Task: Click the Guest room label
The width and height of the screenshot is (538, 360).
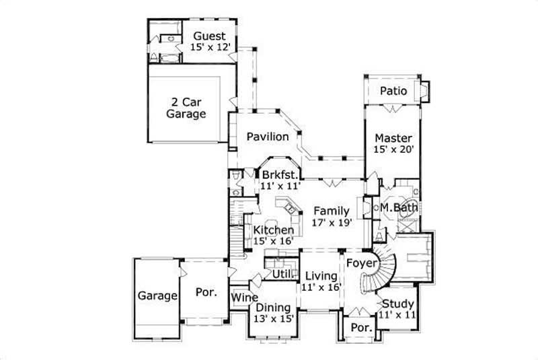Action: click(210, 36)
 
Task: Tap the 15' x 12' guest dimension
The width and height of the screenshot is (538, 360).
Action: click(210, 48)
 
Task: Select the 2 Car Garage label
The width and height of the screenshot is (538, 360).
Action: click(186, 108)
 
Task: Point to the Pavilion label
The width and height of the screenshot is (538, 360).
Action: click(267, 137)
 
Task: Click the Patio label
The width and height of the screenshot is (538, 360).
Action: click(393, 91)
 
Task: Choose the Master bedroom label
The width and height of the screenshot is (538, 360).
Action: click(393, 138)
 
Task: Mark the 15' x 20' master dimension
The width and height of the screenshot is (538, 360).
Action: click(393, 150)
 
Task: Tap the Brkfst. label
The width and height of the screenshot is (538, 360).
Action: click(280, 176)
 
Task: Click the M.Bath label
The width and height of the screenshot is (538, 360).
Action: click(399, 208)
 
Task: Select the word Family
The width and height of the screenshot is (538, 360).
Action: click(331, 211)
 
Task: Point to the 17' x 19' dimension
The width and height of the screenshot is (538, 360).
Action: click(331, 223)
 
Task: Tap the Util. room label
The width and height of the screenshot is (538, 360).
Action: click(281, 275)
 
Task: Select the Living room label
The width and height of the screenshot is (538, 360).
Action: click(321, 276)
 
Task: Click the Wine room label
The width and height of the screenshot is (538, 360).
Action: click(242, 297)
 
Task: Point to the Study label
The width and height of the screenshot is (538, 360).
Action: click(398, 303)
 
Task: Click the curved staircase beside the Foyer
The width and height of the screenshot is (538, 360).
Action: click(381, 269)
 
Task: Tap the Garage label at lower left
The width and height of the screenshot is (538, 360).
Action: click(158, 295)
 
